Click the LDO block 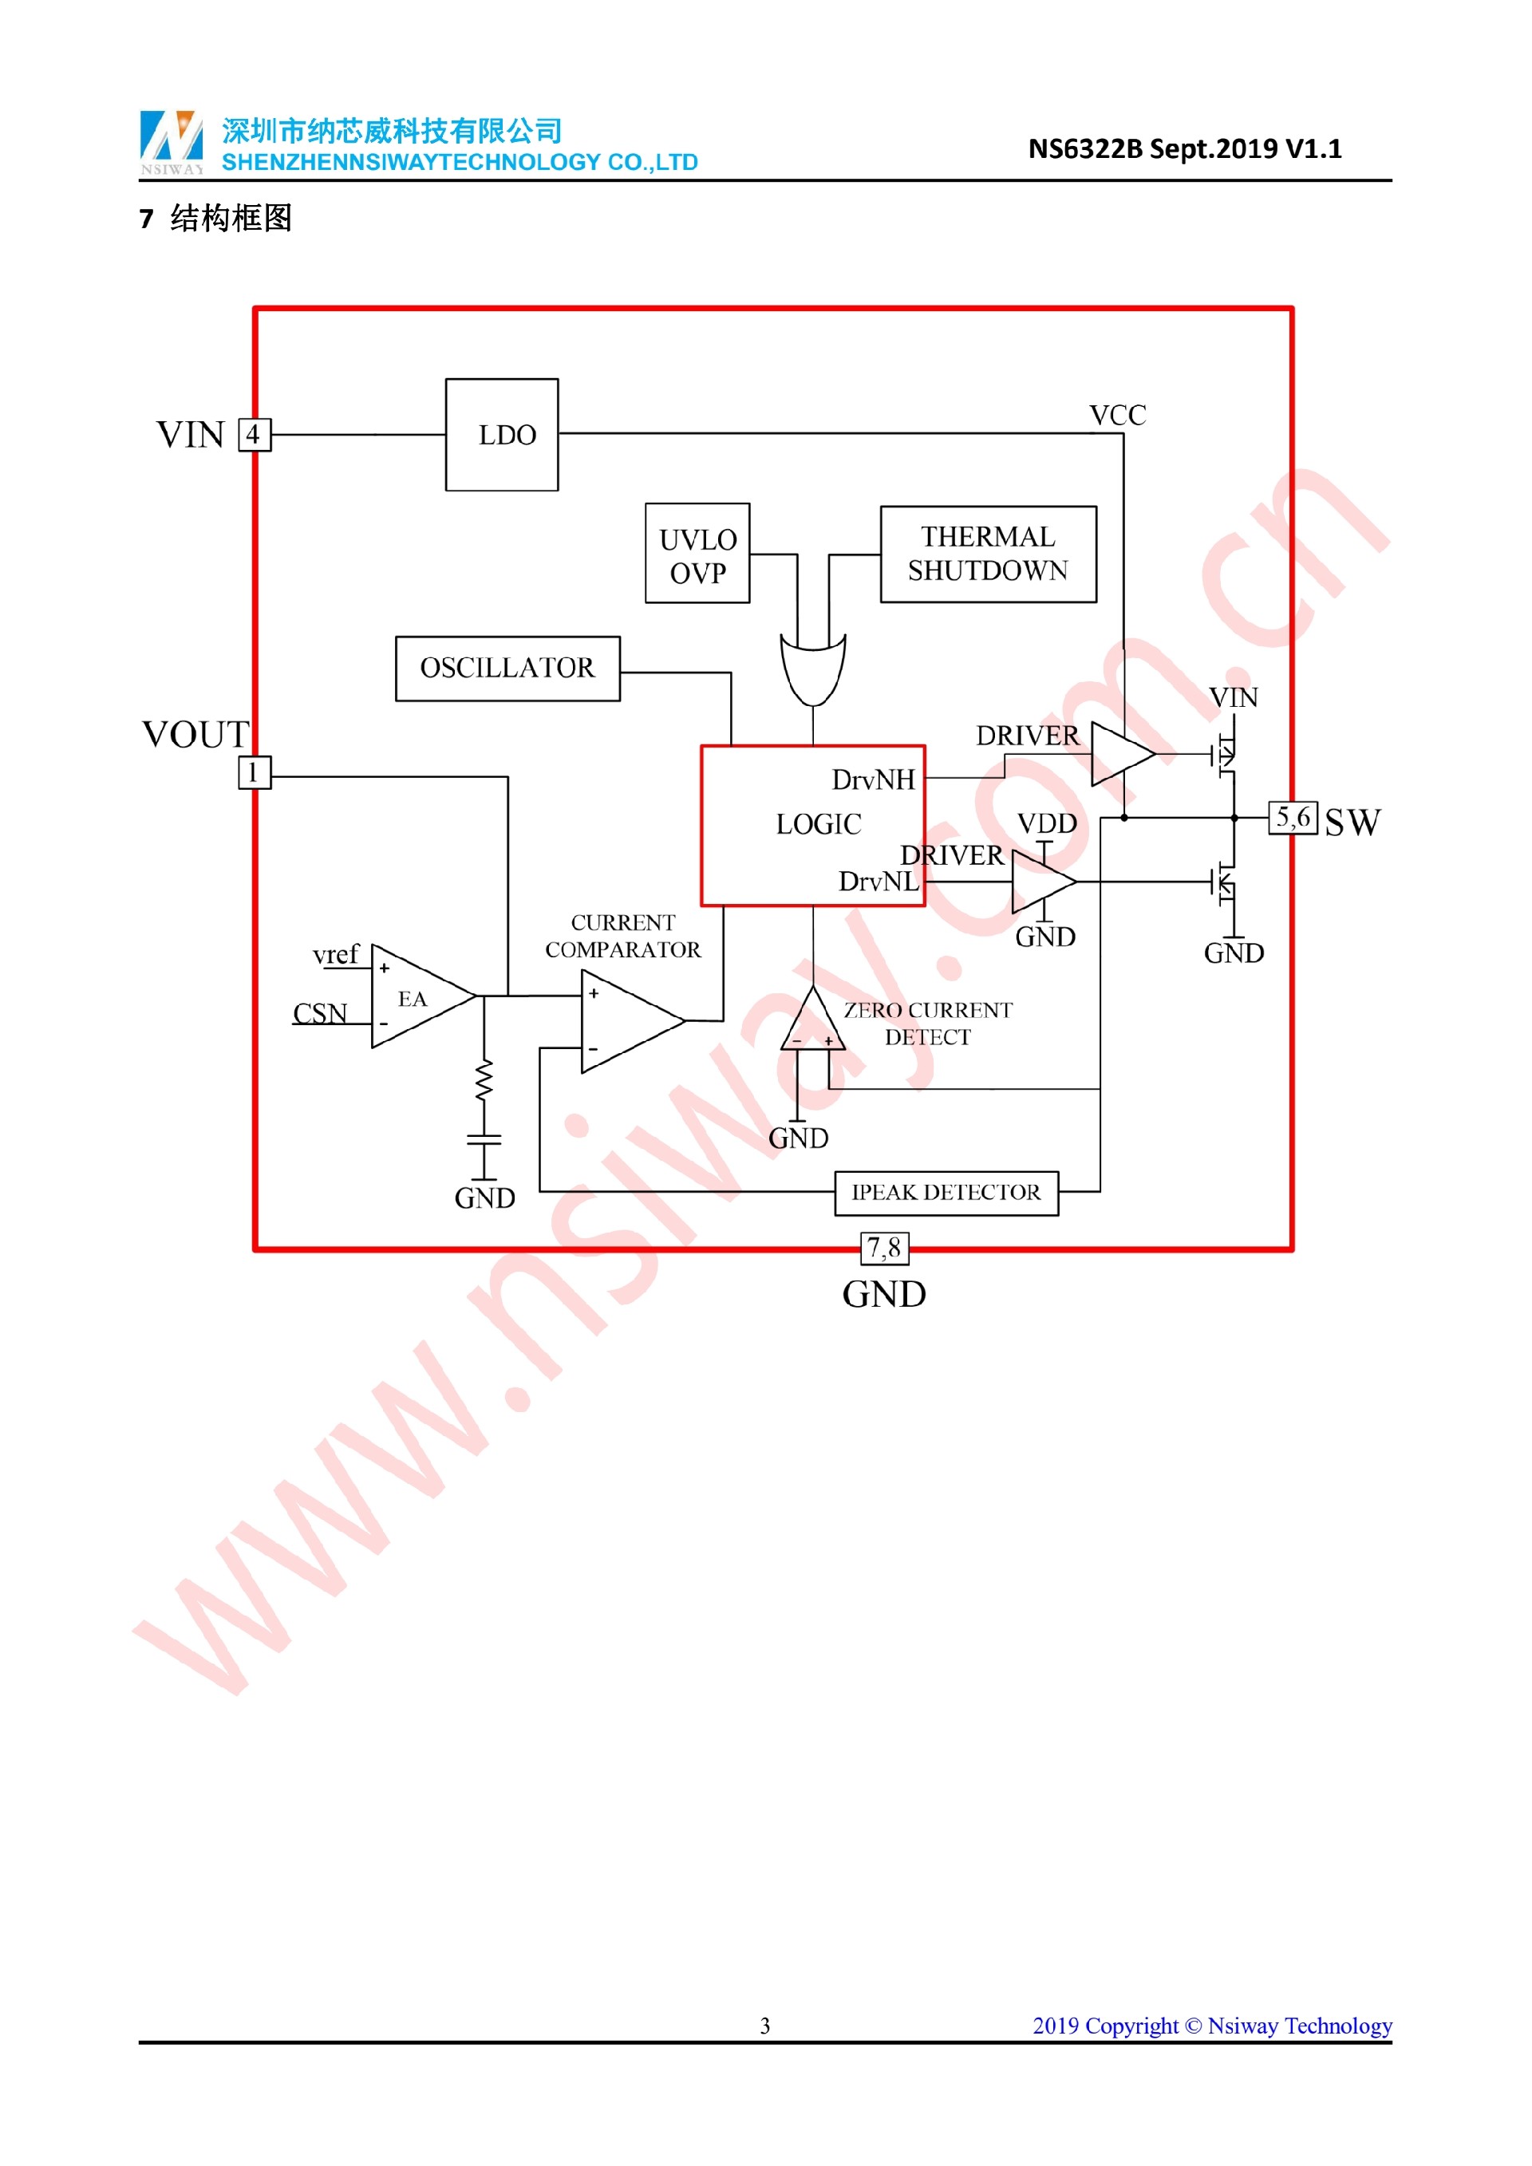click(502, 435)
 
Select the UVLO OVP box click(697, 554)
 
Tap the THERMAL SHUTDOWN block click(988, 554)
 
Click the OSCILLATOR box click(507, 669)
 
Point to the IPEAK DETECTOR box click(946, 1193)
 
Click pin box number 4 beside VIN click(254, 435)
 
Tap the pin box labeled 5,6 click(1293, 817)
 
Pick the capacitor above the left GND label click(484, 1141)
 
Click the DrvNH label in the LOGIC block click(873, 780)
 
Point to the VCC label click(1118, 416)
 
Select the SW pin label click(1352, 823)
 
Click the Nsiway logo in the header click(172, 141)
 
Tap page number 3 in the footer click(765, 2026)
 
